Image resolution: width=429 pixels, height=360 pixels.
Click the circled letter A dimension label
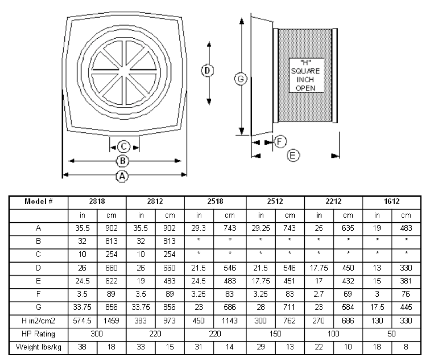(x=122, y=176)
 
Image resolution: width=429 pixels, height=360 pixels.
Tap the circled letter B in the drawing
(x=122, y=161)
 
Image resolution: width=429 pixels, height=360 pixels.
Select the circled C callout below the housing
(x=123, y=147)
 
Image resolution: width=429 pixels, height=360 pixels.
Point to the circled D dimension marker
(x=207, y=70)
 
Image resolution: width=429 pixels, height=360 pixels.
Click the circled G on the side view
(x=241, y=79)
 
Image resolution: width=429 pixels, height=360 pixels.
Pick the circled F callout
(x=280, y=141)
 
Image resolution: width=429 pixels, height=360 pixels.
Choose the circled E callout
(x=293, y=155)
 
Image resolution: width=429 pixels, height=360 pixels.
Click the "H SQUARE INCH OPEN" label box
(x=306, y=75)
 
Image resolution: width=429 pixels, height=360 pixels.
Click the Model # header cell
(x=39, y=202)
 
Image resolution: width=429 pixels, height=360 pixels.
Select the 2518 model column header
(x=215, y=202)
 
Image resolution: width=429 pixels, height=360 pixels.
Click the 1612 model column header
(x=392, y=202)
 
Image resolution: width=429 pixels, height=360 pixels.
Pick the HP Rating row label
(x=38, y=334)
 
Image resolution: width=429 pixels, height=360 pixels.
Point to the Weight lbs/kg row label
(x=39, y=347)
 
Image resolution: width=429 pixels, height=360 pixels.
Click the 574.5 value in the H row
(x=82, y=321)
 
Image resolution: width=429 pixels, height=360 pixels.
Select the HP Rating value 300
(x=97, y=334)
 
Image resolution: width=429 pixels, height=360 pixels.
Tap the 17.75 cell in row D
(x=319, y=268)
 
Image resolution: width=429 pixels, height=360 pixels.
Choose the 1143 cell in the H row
(x=229, y=321)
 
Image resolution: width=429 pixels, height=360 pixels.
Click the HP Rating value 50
(x=392, y=334)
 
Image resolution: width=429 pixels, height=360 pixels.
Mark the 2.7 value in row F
(x=319, y=294)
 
